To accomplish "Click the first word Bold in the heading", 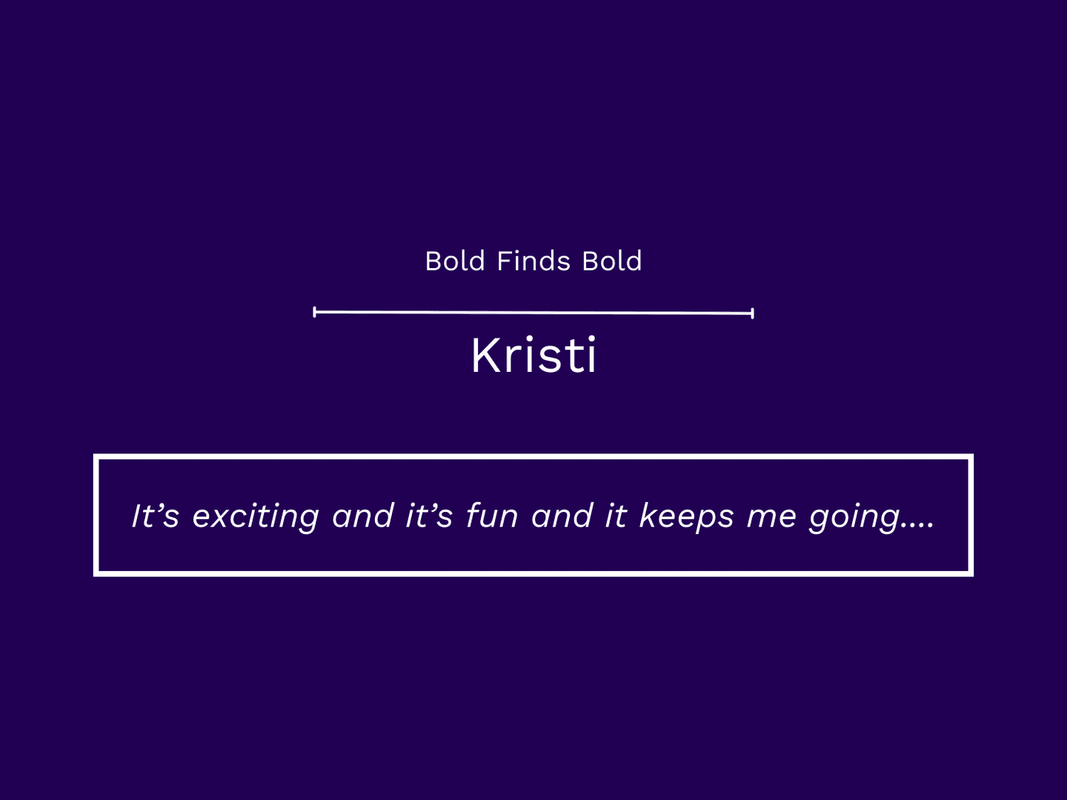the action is [x=455, y=261].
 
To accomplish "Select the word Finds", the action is [x=533, y=261].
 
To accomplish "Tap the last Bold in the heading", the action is [x=612, y=261].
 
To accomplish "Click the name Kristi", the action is [x=533, y=355].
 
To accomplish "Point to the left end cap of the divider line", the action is [x=314, y=312].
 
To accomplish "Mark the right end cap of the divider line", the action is [x=753, y=313].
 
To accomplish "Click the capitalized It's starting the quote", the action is [x=156, y=516].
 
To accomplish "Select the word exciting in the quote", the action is [x=256, y=518].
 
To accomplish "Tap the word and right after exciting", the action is [x=362, y=516].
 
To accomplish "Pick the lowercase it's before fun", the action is [x=429, y=516].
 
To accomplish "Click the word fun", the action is [x=492, y=516].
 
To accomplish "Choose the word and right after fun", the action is [x=562, y=516].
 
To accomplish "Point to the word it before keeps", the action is [x=616, y=516].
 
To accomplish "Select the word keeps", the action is [x=686, y=518].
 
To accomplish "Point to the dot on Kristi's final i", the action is [x=591, y=339].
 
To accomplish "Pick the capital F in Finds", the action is [x=505, y=261].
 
